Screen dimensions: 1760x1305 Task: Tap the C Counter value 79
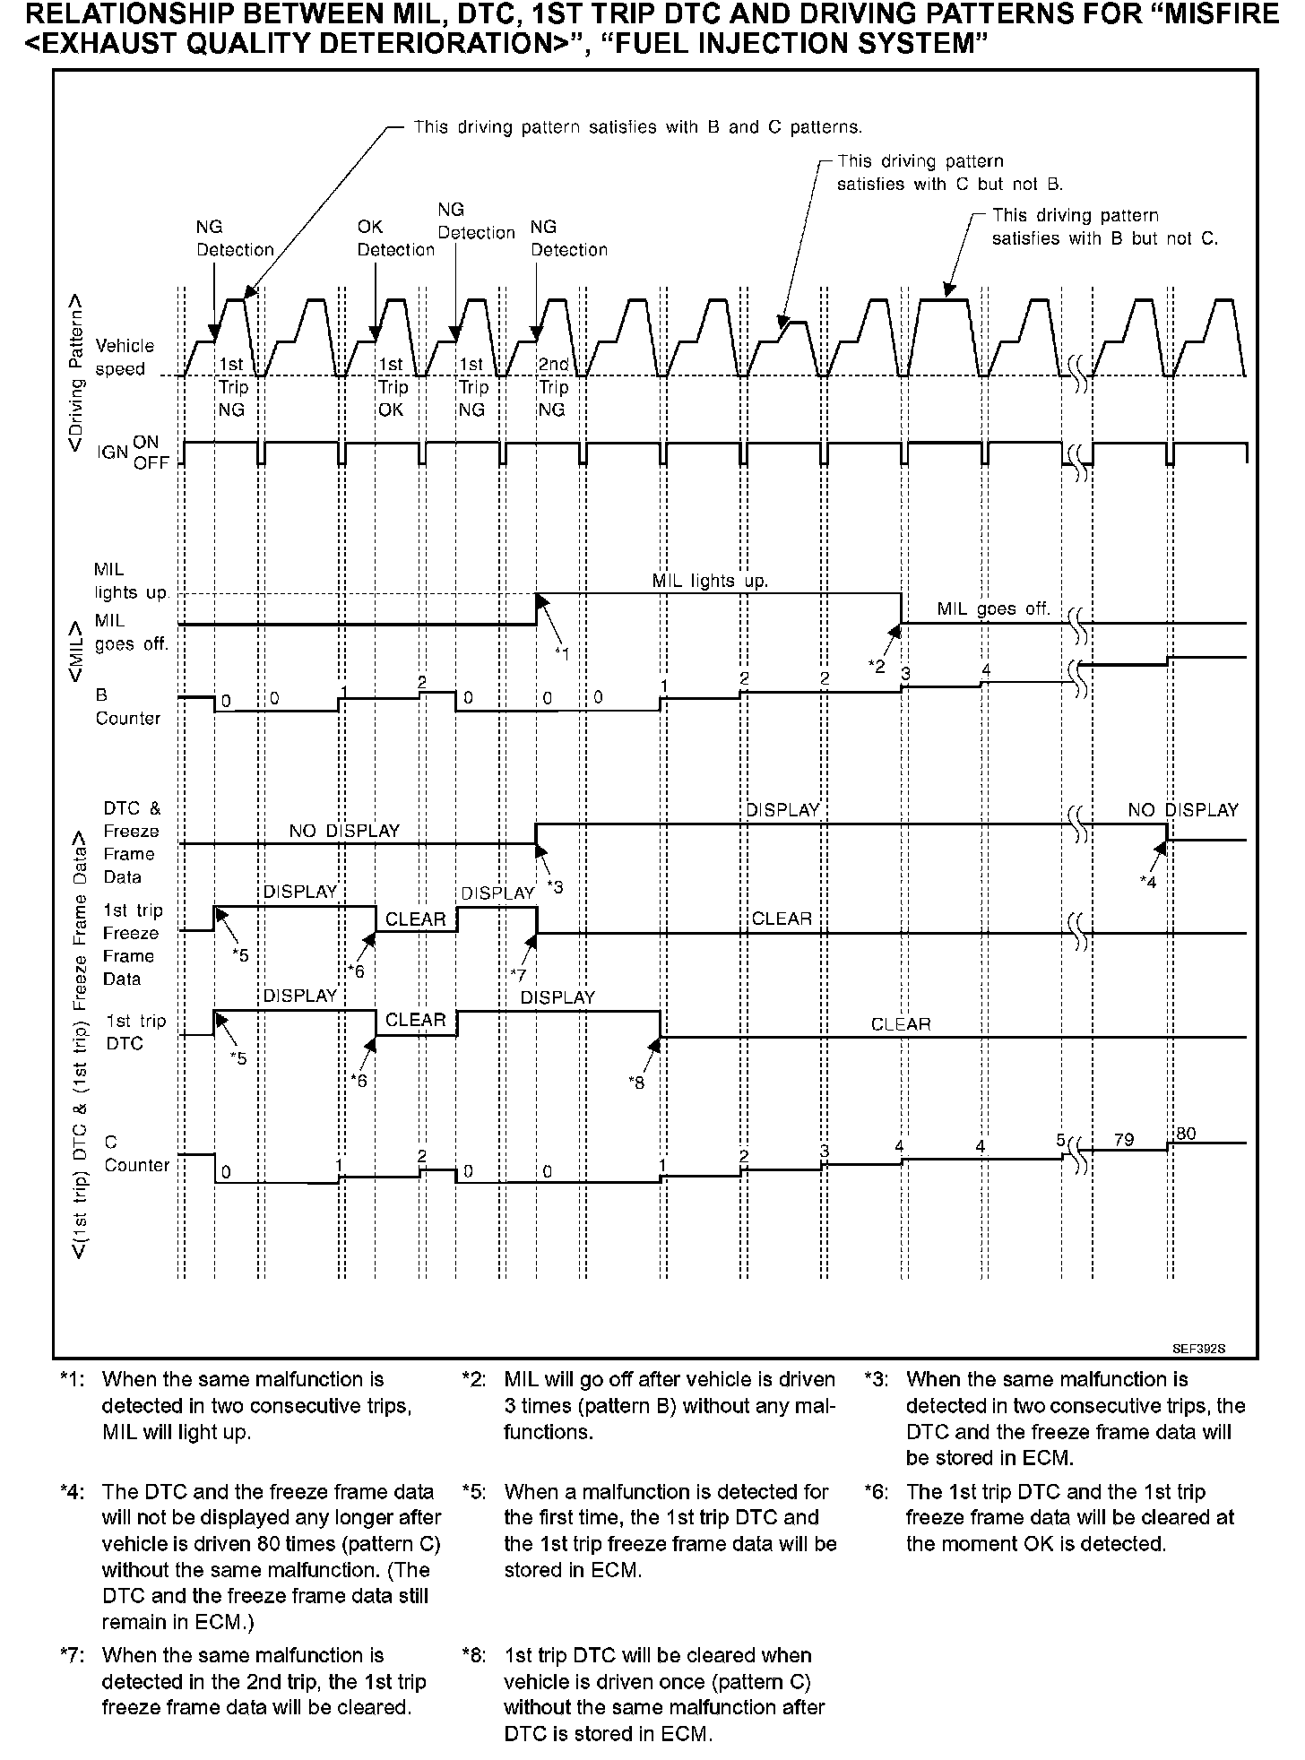point(1123,1140)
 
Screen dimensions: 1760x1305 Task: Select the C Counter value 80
point(1186,1134)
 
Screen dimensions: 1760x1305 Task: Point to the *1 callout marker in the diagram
point(561,653)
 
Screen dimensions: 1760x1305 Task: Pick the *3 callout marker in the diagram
point(556,887)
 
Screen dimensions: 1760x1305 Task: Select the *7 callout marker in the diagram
point(517,975)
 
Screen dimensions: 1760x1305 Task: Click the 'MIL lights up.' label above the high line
point(710,581)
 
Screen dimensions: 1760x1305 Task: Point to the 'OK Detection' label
point(395,238)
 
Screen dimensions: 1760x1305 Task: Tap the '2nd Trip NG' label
point(553,387)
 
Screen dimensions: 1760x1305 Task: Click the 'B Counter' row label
point(127,706)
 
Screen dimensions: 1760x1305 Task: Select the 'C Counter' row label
point(136,1153)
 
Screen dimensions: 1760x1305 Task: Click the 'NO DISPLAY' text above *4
point(1182,810)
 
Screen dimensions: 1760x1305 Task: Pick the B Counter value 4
point(986,669)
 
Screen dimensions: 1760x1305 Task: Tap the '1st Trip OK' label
point(391,387)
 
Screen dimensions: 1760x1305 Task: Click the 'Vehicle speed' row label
point(125,358)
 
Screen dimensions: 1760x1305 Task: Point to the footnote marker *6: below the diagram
point(878,1492)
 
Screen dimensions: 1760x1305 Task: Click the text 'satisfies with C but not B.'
point(949,185)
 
